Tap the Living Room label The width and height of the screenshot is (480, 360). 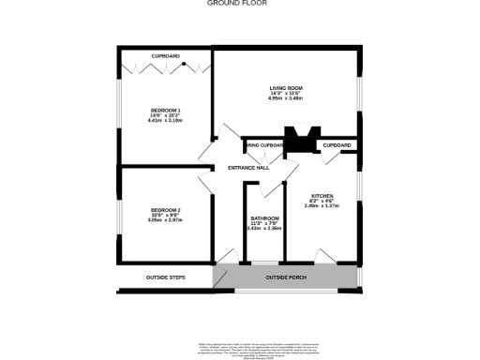(286, 87)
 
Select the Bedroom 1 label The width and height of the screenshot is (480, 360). (165, 110)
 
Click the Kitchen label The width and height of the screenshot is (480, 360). (322, 195)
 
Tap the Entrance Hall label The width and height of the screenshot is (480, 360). (248, 168)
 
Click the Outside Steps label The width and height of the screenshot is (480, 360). (165, 277)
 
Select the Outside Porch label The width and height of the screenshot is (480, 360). (286, 277)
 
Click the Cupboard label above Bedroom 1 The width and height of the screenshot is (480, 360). (165, 55)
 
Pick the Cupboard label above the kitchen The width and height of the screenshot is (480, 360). (337, 145)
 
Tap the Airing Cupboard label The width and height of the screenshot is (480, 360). (263, 145)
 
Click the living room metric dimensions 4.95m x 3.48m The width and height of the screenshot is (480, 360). (286, 98)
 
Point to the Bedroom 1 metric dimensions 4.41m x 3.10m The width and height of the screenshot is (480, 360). (165, 121)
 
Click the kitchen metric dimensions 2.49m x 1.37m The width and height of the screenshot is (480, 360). (322, 206)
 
